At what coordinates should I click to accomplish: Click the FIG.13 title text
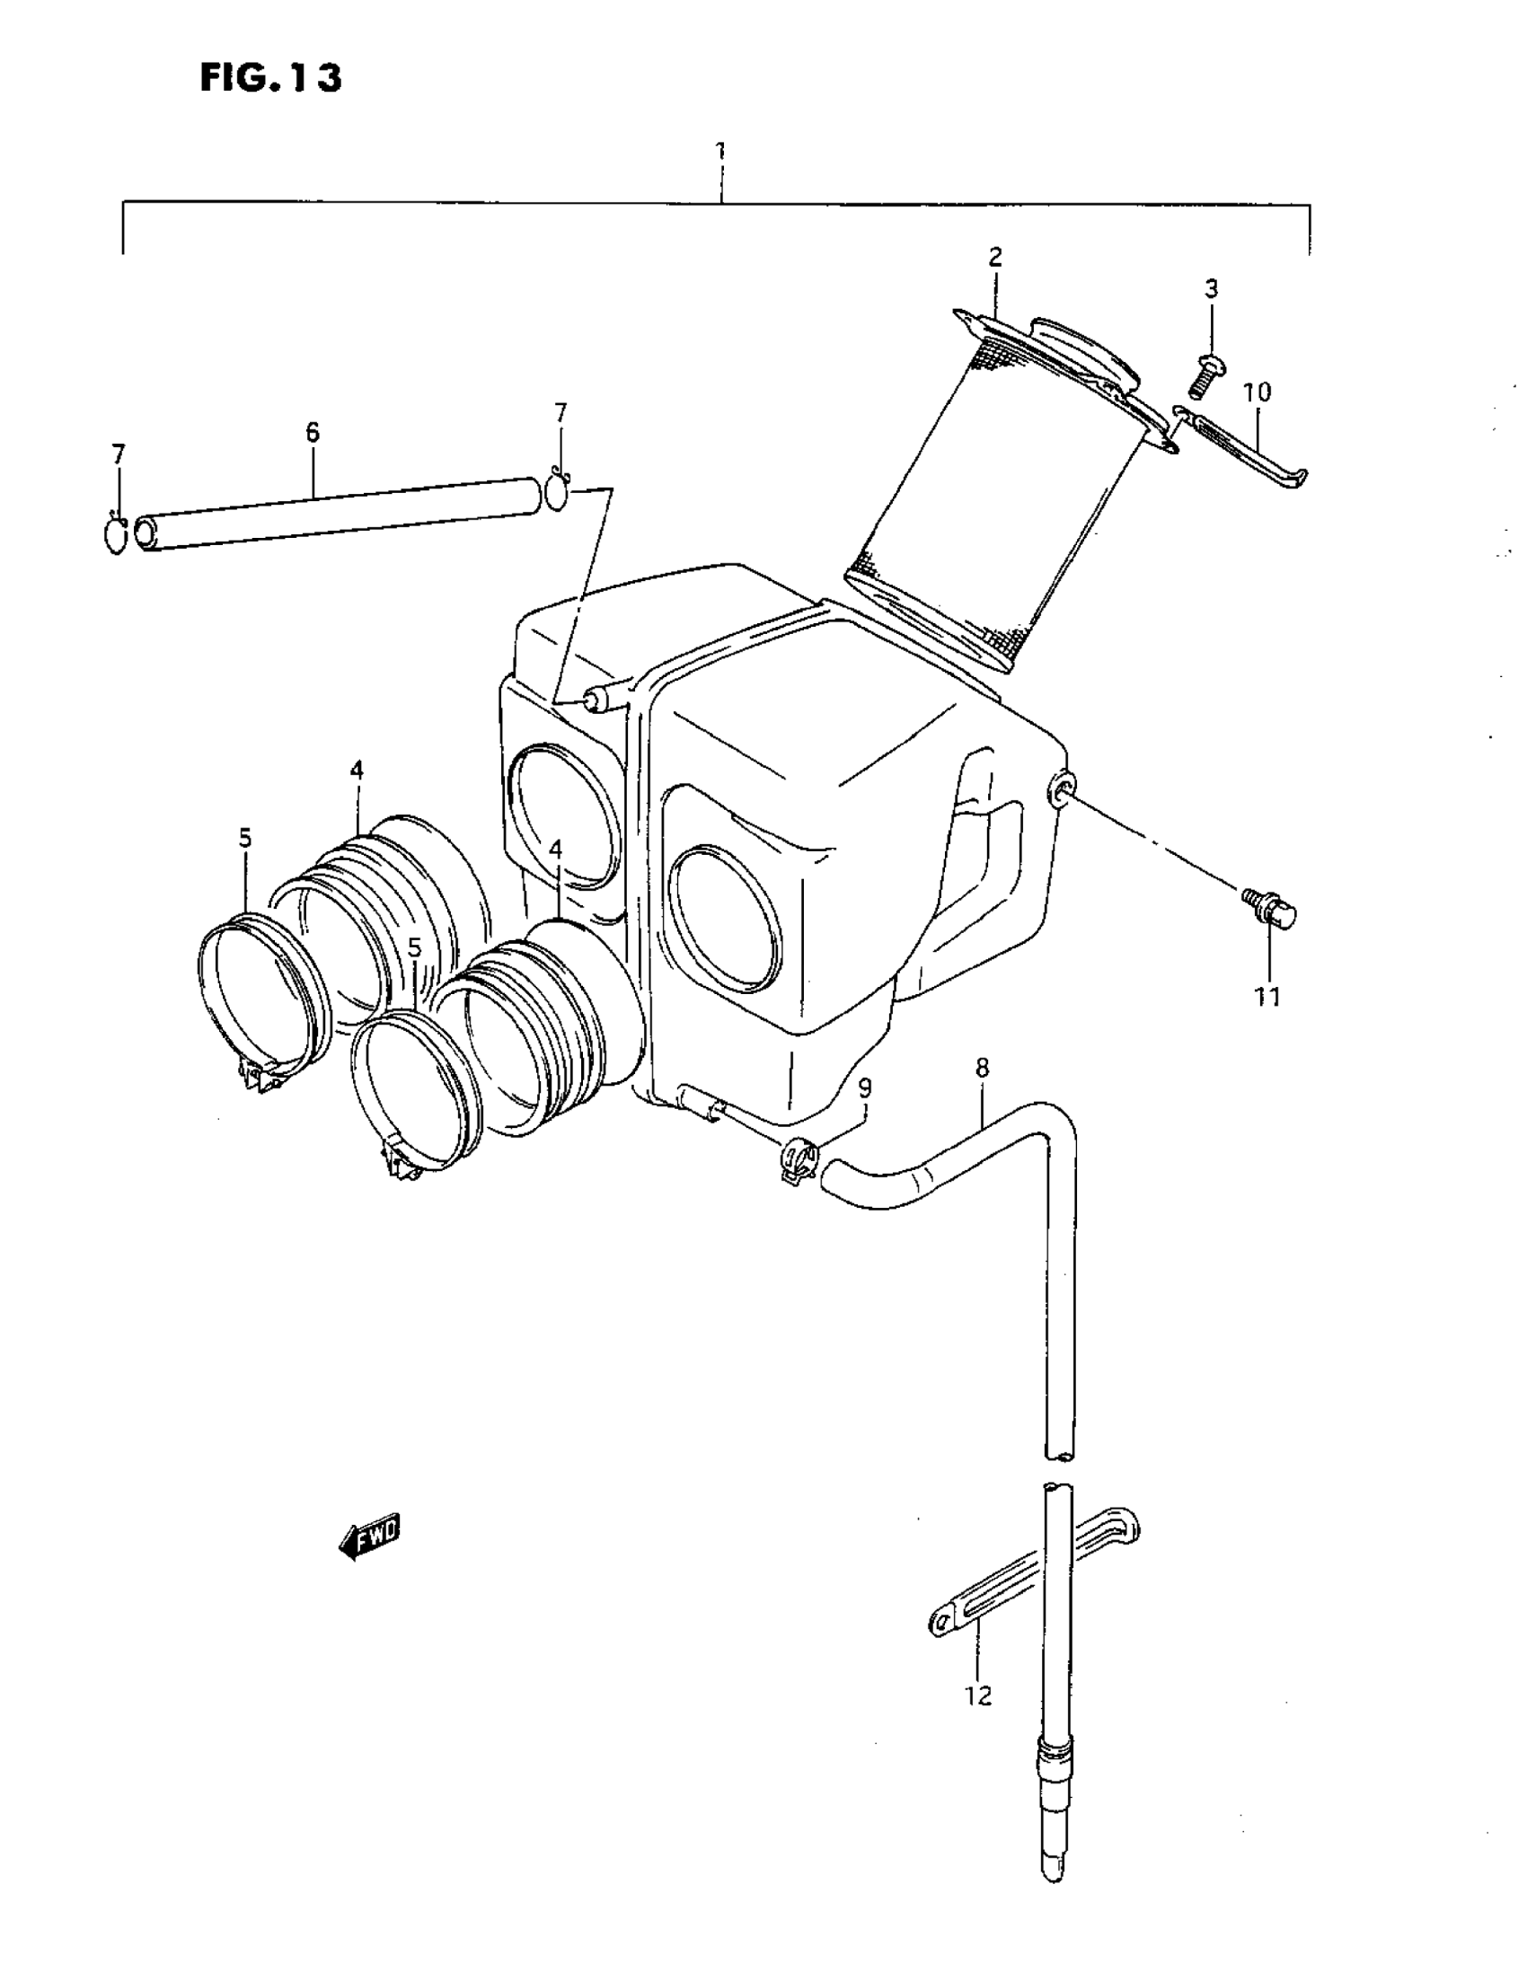click(x=270, y=78)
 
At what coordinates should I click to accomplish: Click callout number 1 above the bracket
click(x=720, y=151)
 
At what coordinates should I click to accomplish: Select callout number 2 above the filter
click(x=995, y=257)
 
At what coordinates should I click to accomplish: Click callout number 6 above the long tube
click(x=312, y=432)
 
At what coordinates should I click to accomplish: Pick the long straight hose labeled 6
click(x=336, y=513)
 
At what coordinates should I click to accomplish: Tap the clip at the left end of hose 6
click(x=116, y=535)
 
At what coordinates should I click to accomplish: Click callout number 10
click(x=1257, y=392)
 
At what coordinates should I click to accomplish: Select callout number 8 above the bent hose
click(x=982, y=1068)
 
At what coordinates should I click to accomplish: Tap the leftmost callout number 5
click(x=246, y=837)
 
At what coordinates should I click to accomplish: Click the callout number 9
click(x=865, y=1087)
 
